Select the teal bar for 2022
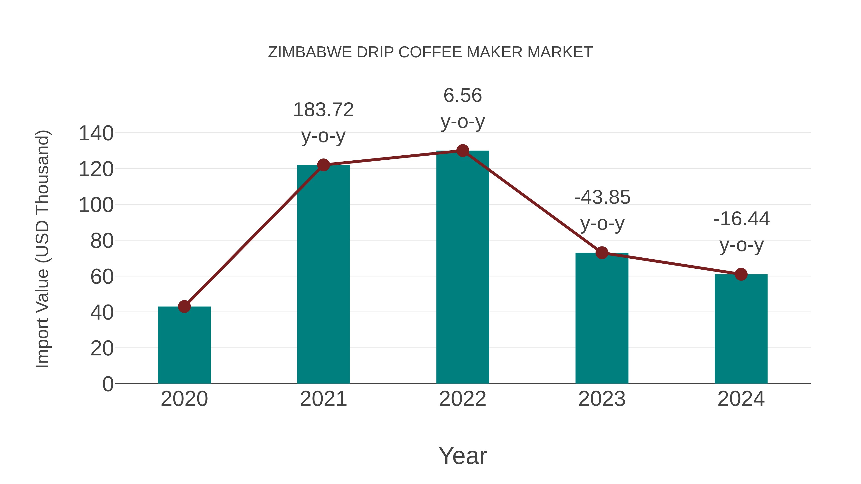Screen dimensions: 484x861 coord(463,267)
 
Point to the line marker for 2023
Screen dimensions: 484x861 coord(602,253)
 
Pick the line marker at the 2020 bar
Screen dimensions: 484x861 coord(184,306)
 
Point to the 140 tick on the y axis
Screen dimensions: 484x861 coord(96,134)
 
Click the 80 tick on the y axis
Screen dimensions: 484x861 coord(102,241)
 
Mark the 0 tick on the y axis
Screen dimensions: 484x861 coord(108,384)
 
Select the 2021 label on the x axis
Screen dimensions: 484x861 coord(323,399)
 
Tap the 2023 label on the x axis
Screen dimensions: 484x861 coord(602,399)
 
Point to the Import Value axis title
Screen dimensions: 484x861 coord(43,249)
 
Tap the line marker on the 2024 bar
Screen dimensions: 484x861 coord(741,274)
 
